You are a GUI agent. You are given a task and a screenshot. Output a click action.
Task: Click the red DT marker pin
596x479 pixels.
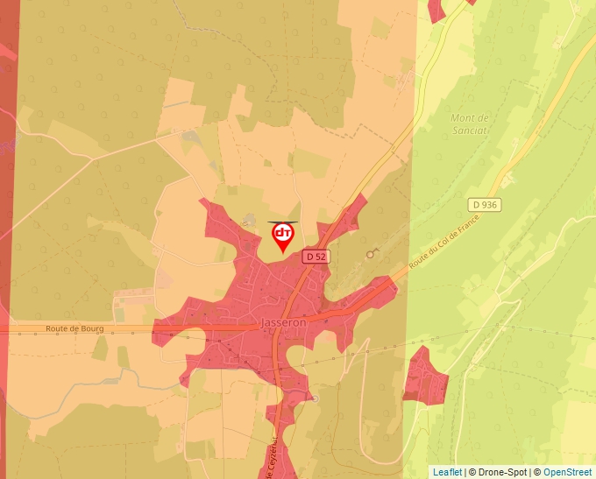click(x=283, y=235)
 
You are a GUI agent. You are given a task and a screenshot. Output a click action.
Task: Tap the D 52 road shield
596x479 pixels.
click(x=316, y=257)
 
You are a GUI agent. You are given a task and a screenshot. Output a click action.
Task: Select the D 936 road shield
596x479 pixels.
click(x=485, y=205)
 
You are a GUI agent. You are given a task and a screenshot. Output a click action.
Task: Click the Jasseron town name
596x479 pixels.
click(x=284, y=322)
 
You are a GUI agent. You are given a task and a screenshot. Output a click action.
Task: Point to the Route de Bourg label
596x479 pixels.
click(x=74, y=329)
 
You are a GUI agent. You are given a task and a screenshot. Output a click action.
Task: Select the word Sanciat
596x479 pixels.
click(x=470, y=130)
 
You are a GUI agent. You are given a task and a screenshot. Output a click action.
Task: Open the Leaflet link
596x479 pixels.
click(x=447, y=472)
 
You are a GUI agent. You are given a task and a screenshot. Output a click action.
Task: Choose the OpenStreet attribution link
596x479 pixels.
click(x=567, y=472)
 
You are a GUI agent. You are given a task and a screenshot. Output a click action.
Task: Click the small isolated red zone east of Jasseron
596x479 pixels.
click(x=425, y=374)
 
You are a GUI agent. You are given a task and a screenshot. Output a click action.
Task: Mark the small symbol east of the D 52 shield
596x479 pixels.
click(x=372, y=253)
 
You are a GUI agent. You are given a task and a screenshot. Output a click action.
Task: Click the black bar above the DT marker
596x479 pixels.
click(x=283, y=222)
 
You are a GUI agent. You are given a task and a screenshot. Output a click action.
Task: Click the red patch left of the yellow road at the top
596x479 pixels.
click(x=436, y=10)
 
